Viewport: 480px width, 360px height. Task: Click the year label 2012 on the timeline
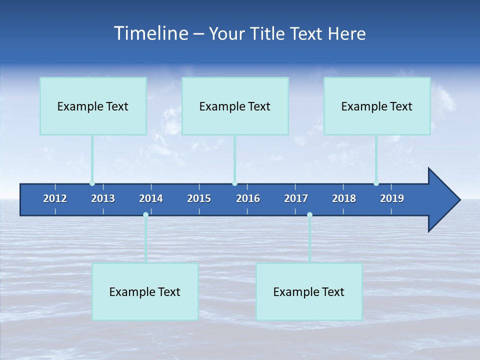tap(55, 198)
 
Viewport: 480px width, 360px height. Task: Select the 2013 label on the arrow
tap(103, 198)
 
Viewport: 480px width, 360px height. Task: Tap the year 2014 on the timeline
tap(151, 198)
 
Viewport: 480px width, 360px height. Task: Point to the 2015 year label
tap(199, 198)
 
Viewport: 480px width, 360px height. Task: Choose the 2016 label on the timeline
tap(248, 198)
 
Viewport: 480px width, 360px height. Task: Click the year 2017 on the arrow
tap(296, 198)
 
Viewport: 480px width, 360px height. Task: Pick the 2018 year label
tap(344, 198)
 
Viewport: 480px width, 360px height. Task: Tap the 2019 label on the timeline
tap(392, 198)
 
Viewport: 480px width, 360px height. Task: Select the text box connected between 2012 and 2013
tap(93, 106)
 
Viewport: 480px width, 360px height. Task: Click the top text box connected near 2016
tap(235, 106)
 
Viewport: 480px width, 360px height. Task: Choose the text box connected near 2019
tap(377, 106)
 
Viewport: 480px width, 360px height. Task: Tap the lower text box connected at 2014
tap(145, 291)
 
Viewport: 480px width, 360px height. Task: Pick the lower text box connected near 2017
tap(309, 291)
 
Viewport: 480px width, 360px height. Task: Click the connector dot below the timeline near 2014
tap(145, 215)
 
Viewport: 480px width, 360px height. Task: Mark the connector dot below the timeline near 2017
tap(309, 215)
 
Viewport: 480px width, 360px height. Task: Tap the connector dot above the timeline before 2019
tap(376, 183)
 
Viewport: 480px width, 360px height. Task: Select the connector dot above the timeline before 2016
tap(234, 183)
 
